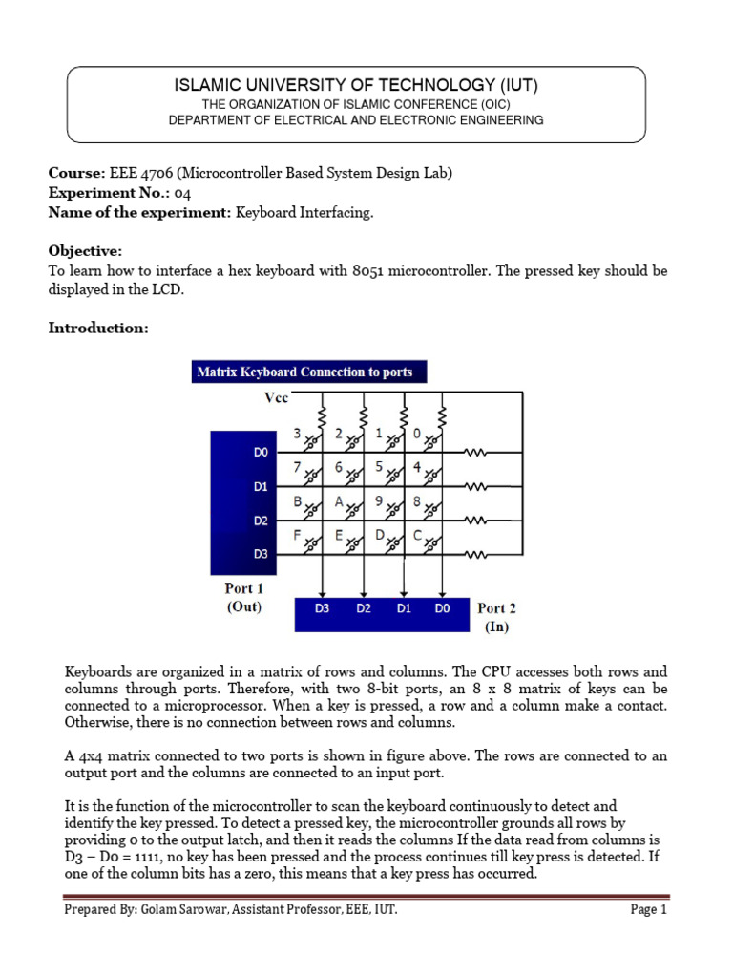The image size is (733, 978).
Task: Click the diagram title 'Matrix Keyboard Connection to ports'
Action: point(304,372)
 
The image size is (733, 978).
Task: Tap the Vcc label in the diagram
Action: point(275,397)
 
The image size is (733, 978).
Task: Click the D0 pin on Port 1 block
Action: point(262,452)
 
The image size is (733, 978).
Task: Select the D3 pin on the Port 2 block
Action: point(322,608)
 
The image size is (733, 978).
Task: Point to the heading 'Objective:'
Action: point(85,250)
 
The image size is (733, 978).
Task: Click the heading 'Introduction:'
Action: point(98,328)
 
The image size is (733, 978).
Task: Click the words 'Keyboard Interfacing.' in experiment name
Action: point(304,212)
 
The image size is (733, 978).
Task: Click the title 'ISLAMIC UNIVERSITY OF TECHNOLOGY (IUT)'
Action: point(356,86)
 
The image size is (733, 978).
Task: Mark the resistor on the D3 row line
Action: point(474,555)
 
